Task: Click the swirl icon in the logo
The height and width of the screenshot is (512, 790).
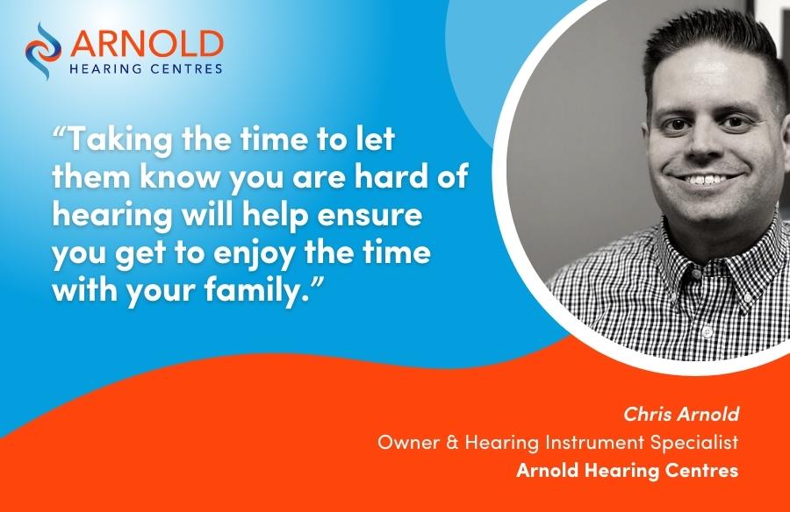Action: tap(42, 50)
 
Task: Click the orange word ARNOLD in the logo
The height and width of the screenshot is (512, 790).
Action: tap(146, 44)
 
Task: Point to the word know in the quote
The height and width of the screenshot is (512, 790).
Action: tap(182, 175)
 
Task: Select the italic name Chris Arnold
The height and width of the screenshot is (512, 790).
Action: tap(681, 414)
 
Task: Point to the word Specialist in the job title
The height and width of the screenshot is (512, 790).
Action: tap(693, 443)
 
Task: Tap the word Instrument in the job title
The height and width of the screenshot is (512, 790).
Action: tap(594, 442)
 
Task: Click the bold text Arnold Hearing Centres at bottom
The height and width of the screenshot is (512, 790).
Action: tap(628, 470)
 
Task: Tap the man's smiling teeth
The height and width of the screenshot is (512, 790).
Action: tap(707, 179)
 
